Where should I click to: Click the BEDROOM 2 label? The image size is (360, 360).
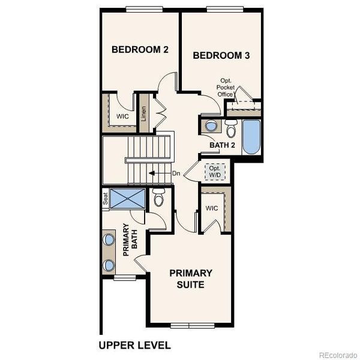[x=140, y=50]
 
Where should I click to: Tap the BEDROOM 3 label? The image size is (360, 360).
[x=221, y=56]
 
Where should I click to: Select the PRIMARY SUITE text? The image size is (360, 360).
[x=191, y=278]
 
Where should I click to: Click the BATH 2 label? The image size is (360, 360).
[x=221, y=145]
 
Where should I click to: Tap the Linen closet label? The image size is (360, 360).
[x=144, y=114]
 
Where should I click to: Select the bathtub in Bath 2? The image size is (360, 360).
[x=250, y=137]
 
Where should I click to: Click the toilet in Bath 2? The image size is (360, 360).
[x=231, y=129]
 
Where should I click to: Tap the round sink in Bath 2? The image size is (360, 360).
[x=211, y=127]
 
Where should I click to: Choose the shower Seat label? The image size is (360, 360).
[x=105, y=199]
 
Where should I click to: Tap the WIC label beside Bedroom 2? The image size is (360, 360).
[x=122, y=116]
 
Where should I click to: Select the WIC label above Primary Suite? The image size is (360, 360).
[x=211, y=208]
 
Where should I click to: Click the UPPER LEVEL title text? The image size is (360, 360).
[x=134, y=345]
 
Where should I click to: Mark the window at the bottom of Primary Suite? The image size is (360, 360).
[x=189, y=326]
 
